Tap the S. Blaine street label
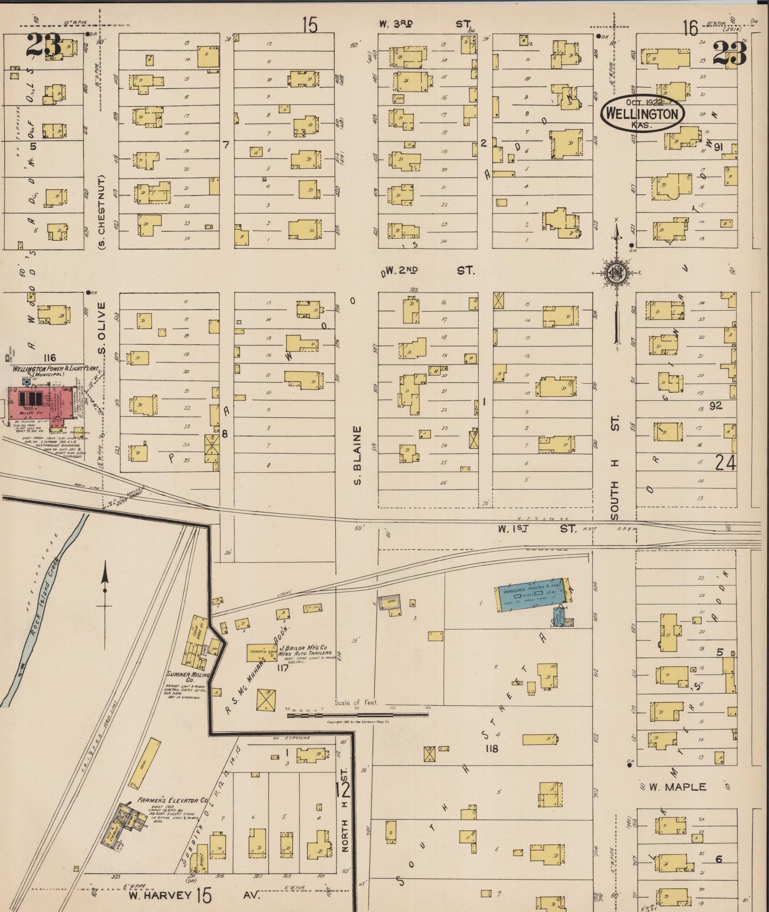click(x=357, y=455)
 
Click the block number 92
click(x=716, y=406)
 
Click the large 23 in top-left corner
click(x=44, y=46)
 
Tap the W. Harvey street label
click(x=160, y=895)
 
